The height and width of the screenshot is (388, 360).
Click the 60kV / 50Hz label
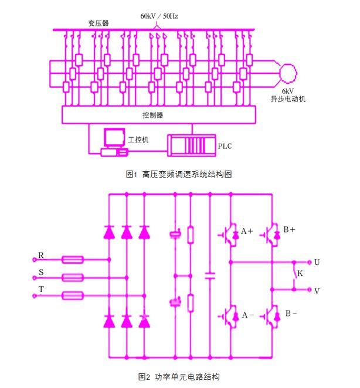click(159, 16)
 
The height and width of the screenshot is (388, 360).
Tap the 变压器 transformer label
click(99, 23)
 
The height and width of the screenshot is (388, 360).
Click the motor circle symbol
click(288, 73)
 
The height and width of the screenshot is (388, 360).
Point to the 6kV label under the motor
click(287, 91)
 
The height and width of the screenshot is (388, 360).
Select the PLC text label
click(225, 145)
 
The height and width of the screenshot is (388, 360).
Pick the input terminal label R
click(41, 255)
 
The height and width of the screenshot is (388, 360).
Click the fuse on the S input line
click(73, 277)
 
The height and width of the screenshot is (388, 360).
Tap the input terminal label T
click(41, 290)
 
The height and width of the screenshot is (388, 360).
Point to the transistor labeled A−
click(228, 315)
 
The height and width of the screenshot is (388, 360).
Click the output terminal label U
click(317, 262)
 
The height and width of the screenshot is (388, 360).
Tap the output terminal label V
click(317, 291)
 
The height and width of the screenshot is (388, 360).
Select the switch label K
click(300, 273)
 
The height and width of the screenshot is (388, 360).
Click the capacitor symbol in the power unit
click(209, 274)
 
